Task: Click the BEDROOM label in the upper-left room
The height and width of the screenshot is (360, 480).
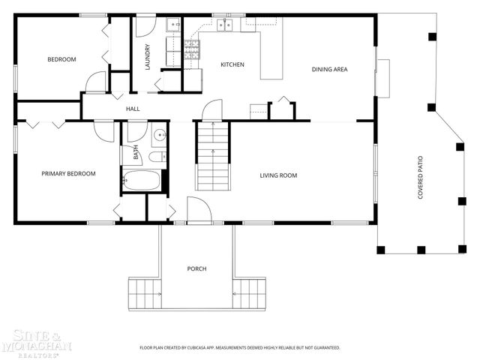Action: click(x=61, y=59)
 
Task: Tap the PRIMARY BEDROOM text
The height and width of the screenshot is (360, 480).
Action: click(x=68, y=174)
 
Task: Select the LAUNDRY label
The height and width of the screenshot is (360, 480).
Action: click(x=148, y=58)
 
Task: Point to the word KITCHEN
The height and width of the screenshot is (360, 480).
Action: click(x=232, y=64)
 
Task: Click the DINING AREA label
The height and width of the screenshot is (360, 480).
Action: click(x=329, y=70)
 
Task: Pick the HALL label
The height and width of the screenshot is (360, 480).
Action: click(x=133, y=109)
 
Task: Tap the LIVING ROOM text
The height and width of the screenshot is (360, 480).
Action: click(x=278, y=175)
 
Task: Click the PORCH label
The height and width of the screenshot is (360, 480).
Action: click(x=197, y=268)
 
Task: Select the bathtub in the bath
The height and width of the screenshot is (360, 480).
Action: click(x=142, y=181)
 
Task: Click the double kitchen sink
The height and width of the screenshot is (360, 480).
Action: click(x=226, y=25)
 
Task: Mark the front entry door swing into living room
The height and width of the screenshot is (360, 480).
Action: click(x=196, y=211)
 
